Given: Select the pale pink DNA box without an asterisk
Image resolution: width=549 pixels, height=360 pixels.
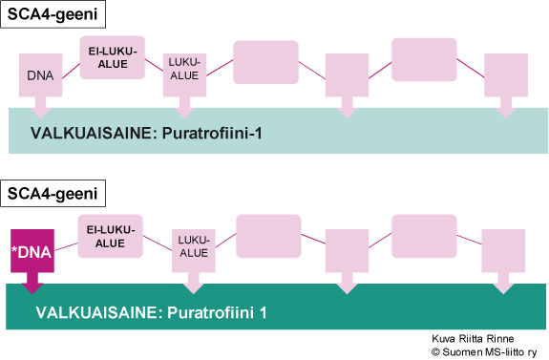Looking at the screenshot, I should [40, 74].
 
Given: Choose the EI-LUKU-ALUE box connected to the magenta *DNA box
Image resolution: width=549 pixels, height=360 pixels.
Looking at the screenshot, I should [110, 235].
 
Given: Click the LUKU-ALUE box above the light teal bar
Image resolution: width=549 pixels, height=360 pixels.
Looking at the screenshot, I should [185, 73].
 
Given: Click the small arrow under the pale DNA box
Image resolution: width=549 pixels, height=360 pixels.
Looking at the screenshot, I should [40, 103].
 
